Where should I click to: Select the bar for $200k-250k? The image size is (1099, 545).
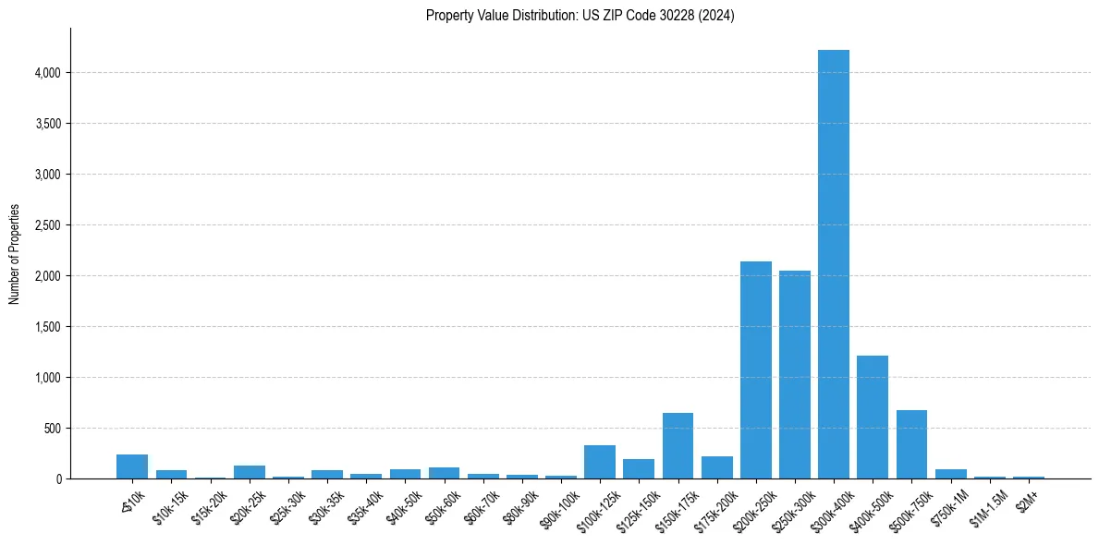point(755,369)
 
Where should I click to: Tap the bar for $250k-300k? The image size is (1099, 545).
point(795,374)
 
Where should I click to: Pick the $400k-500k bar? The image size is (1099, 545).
point(873,417)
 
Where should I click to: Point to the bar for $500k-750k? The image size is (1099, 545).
point(911,444)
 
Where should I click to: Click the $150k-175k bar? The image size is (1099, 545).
point(678,445)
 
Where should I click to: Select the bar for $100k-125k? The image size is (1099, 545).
point(600,462)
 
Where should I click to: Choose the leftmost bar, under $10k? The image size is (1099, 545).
point(132,466)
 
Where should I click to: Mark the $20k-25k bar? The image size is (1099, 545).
point(250,472)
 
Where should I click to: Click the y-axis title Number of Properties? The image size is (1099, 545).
point(14,254)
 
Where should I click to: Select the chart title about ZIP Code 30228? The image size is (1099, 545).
point(580,15)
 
